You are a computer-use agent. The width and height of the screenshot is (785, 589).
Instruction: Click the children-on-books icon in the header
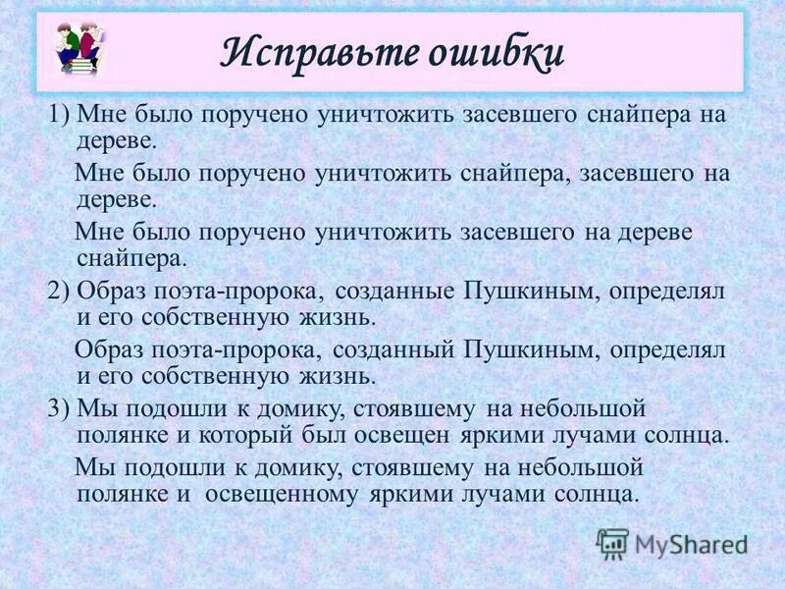(x=81, y=48)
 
